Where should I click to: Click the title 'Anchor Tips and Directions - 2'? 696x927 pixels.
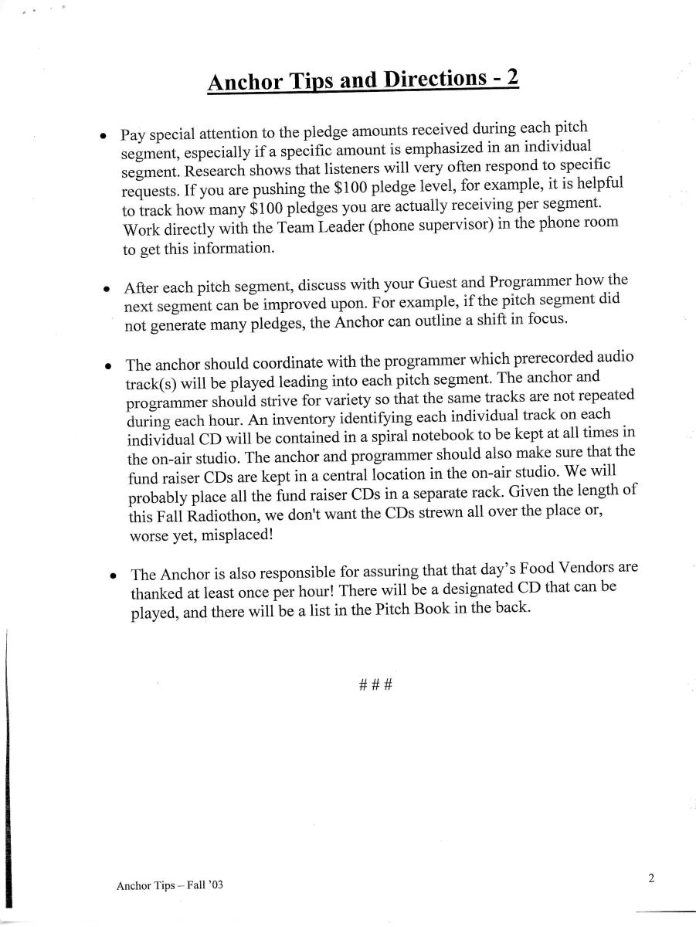click(363, 80)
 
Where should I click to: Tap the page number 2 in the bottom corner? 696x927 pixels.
click(651, 878)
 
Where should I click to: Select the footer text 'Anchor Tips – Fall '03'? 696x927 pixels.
click(169, 885)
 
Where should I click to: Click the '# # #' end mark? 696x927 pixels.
click(376, 684)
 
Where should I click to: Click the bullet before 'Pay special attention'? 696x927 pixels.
click(103, 134)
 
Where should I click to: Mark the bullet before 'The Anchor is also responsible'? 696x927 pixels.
click(113, 576)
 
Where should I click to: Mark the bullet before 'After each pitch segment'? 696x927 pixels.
click(107, 289)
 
